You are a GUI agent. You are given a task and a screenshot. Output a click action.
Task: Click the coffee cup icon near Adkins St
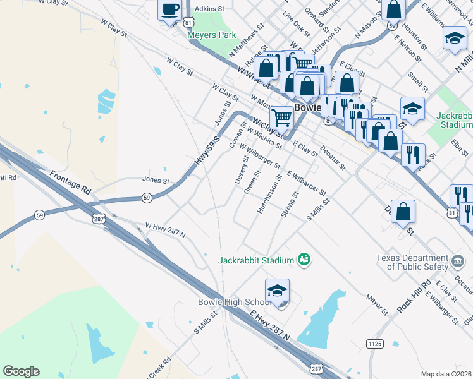(x=169, y=10)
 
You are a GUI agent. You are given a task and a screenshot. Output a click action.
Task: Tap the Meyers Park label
(x=211, y=35)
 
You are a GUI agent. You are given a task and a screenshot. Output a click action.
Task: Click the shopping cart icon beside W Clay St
(x=281, y=116)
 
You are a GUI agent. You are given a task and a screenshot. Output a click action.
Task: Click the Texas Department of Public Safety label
(x=412, y=262)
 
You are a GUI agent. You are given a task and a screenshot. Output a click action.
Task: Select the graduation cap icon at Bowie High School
(x=277, y=291)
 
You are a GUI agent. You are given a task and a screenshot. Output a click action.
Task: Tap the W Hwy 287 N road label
(x=165, y=230)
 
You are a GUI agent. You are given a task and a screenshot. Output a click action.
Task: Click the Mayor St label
(x=377, y=304)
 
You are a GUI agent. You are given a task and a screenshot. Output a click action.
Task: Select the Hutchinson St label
(x=269, y=196)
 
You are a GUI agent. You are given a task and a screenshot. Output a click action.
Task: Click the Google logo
(x=21, y=371)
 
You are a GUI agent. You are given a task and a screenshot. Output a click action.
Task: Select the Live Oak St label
(x=296, y=23)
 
